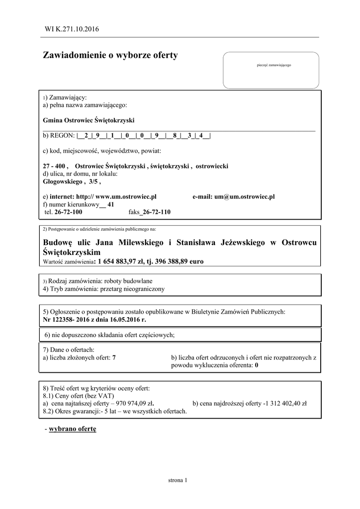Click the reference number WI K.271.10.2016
coord(72,29)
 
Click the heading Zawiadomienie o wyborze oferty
coord(110,55)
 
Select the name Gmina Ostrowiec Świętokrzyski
coord(89,120)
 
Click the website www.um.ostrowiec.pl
coord(126,197)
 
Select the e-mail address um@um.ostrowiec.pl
coord(245,197)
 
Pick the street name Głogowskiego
coord(62,182)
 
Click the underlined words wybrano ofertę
coord(73,428)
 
